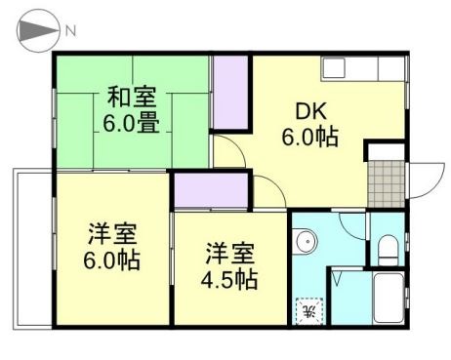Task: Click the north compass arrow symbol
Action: (37, 30)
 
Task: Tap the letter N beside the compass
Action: (71, 30)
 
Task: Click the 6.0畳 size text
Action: (133, 124)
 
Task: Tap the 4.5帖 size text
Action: (230, 280)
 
